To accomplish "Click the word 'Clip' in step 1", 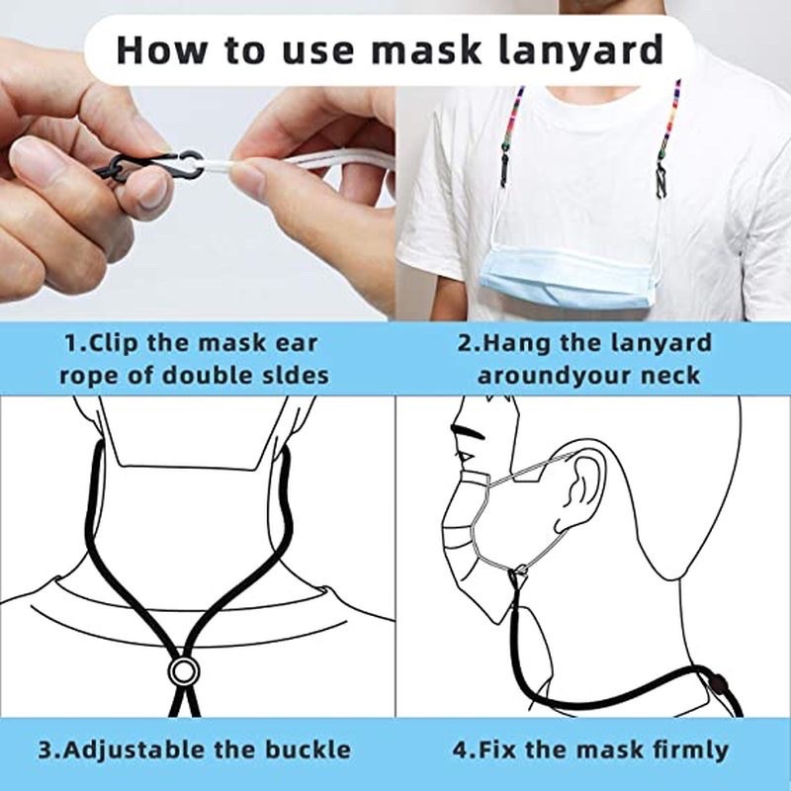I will click(117, 343).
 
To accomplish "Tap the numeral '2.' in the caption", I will click(468, 343).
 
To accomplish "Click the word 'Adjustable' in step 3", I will click(139, 748).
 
